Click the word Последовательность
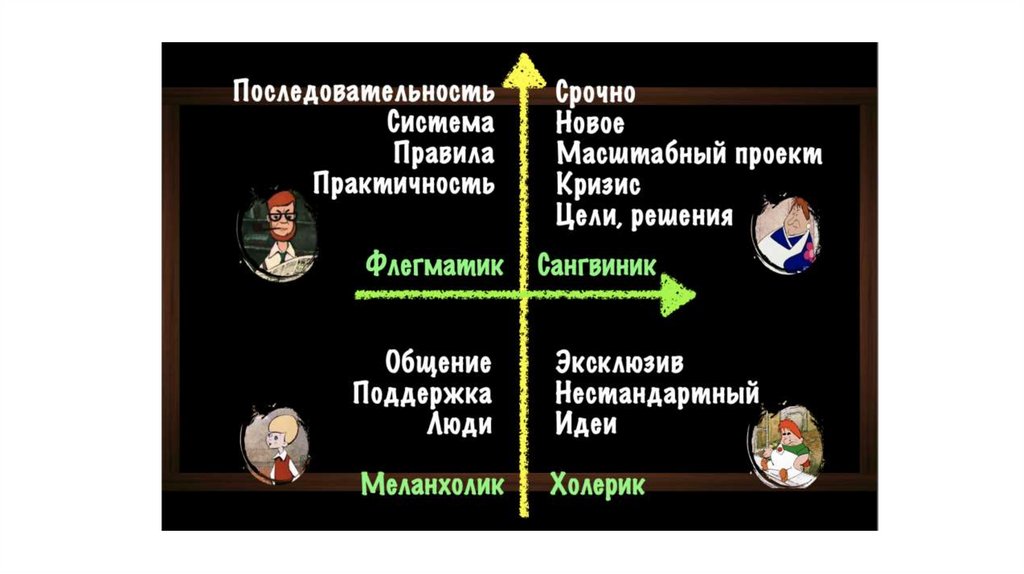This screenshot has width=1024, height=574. coord(364,93)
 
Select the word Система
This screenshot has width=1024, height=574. coord(440,124)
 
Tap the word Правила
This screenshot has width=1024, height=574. coord(443,155)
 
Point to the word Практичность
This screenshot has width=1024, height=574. coord(403,185)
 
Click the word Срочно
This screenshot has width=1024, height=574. coord(596,93)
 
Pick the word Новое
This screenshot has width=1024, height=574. coord(590,124)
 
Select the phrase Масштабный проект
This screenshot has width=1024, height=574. coord(689,155)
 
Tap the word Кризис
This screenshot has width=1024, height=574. coord(598,185)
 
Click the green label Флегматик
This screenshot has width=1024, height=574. coord(433,266)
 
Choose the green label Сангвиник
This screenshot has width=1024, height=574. coord(597,266)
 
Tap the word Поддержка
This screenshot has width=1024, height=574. coord(422,393)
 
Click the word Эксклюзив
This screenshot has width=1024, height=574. coord(620,362)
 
